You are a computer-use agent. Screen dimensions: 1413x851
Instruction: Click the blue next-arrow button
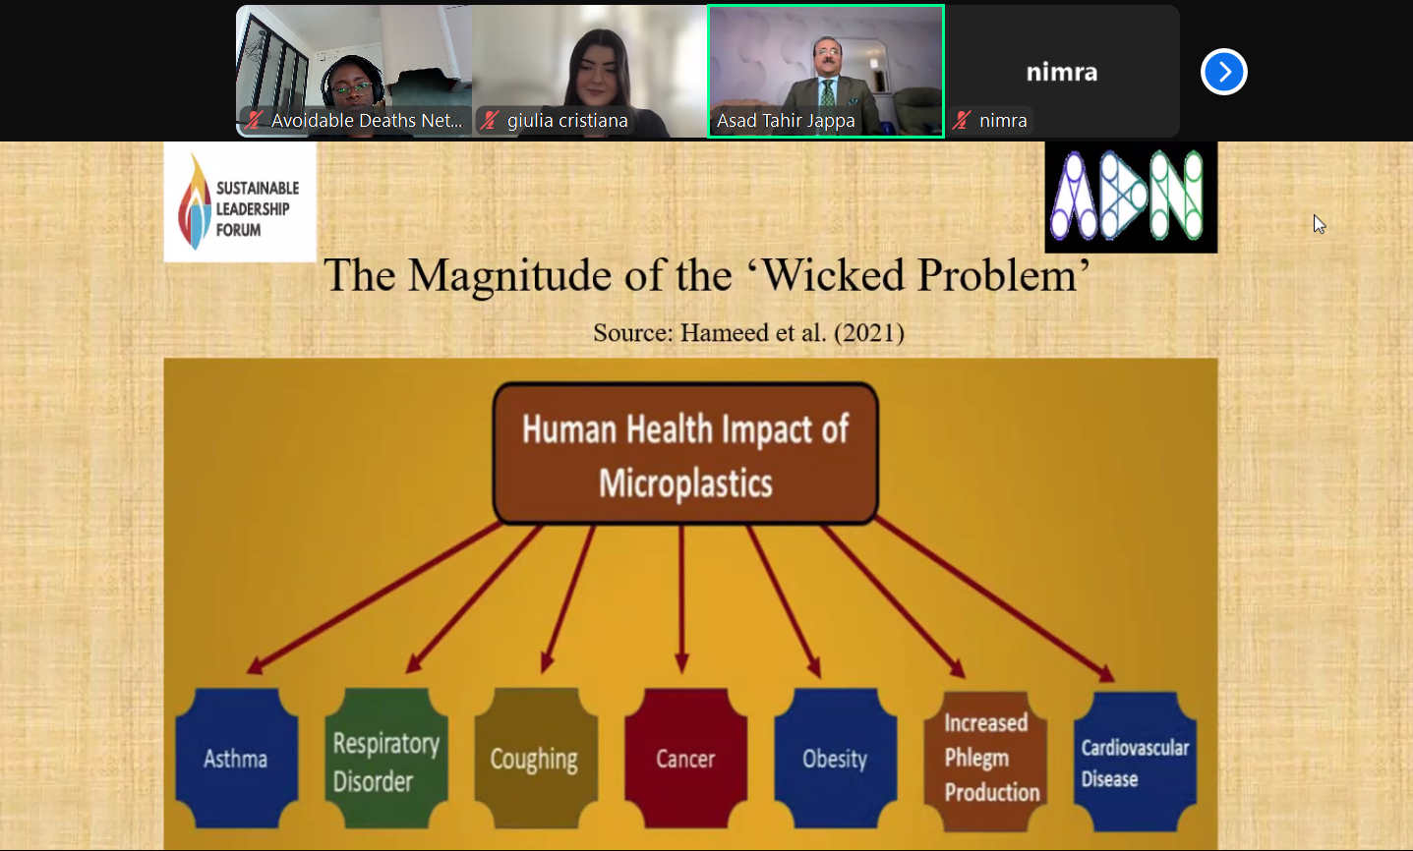click(x=1224, y=72)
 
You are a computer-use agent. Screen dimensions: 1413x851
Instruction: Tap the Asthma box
click(x=237, y=758)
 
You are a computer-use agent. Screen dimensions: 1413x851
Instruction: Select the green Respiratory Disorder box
click(x=386, y=758)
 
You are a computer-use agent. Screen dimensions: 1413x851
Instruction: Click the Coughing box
click(x=536, y=758)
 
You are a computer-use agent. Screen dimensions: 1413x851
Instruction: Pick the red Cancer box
click(x=685, y=758)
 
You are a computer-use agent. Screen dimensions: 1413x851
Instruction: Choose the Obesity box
click(x=835, y=758)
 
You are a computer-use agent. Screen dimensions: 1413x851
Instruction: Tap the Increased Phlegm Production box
click(x=985, y=761)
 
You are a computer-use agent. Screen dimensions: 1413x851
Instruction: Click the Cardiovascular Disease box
click(x=1135, y=762)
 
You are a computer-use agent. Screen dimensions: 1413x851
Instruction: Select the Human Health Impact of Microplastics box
click(x=685, y=453)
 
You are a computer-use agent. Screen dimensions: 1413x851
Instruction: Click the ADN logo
click(x=1131, y=197)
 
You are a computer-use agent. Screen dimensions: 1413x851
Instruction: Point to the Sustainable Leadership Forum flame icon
click(x=195, y=201)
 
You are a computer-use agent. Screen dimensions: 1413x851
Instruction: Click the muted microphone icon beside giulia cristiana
click(x=490, y=120)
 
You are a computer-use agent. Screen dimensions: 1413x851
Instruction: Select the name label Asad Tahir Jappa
click(x=786, y=121)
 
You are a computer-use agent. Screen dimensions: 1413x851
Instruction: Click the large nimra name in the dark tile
click(x=1062, y=72)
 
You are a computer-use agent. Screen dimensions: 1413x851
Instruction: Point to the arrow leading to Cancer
click(x=681, y=598)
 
